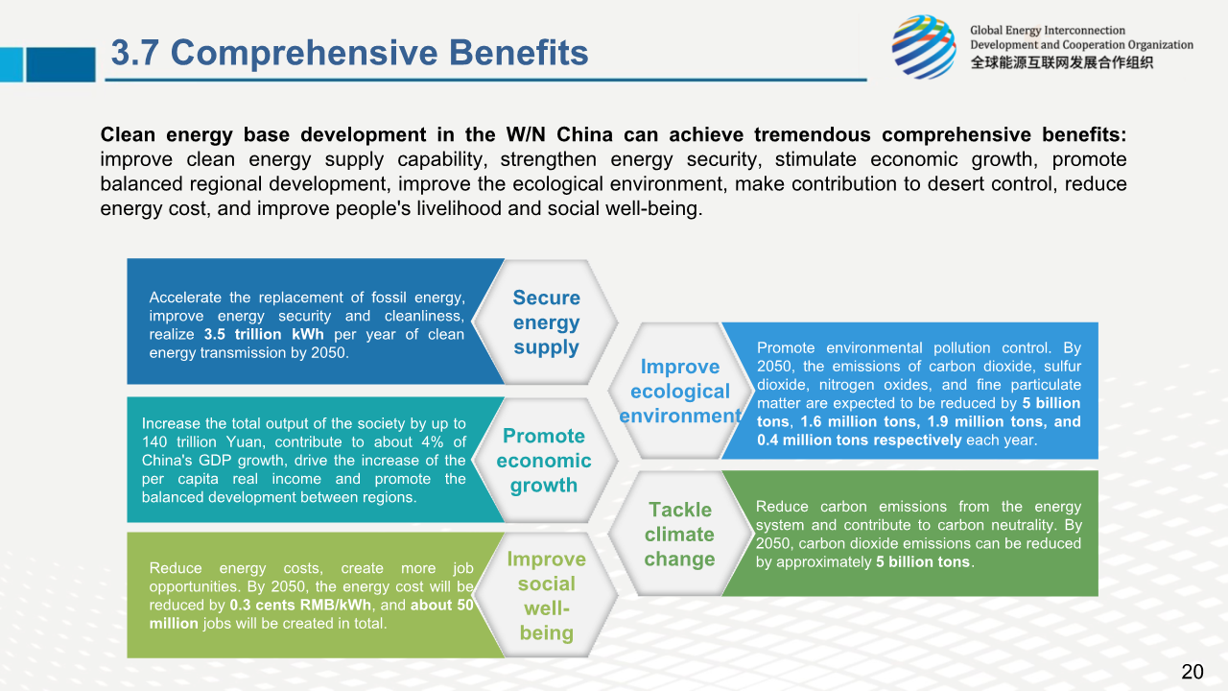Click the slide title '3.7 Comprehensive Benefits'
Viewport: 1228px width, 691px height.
350,53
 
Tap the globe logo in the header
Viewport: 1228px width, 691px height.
924,47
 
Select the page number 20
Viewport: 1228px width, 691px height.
1193,671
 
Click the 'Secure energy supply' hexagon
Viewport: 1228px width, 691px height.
546,322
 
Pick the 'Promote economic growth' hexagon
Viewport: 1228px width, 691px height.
544,460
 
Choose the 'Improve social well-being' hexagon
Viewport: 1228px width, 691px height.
546,595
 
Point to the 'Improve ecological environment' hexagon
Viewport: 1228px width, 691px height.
680,391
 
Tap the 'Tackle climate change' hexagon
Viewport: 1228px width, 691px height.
680,534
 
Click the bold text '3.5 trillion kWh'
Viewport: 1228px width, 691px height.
264,334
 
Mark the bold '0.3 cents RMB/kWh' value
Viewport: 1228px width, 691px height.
300,605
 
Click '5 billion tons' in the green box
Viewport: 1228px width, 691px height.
923,562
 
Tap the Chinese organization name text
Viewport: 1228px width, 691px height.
1062,63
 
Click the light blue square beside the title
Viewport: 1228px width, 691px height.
12,64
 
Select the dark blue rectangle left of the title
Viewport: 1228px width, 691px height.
60,64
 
